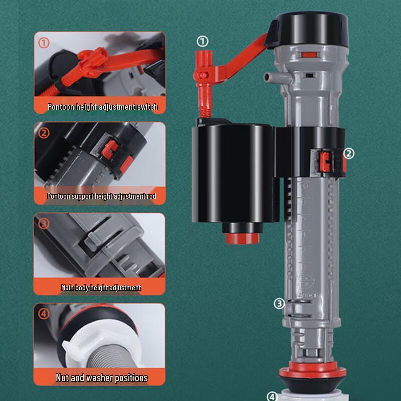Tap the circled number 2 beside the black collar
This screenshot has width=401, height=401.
(349, 154)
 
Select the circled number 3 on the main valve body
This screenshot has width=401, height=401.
(279, 303)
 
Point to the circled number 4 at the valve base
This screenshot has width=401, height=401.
(272, 396)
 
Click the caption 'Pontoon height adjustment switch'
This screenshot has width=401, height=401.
(102, 107)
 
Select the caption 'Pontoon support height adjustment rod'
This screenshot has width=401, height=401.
(102, 196)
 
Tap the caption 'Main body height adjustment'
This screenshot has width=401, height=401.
(101, 288)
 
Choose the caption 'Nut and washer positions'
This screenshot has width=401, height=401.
(102, 377)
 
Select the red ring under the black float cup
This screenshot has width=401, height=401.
(243, 237)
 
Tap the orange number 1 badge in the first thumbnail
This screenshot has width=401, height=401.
(44, 43)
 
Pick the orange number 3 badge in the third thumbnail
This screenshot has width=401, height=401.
(44, 223)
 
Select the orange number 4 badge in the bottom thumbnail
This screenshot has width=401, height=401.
(44, 314)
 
